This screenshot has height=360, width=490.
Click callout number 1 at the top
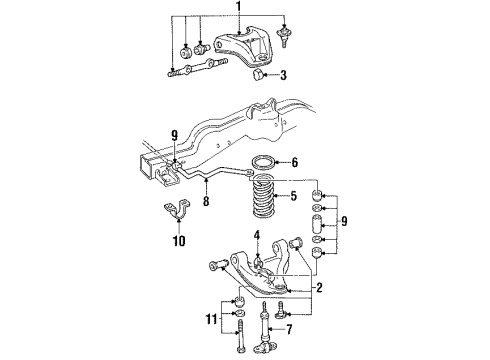238,7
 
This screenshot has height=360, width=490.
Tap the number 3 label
283,75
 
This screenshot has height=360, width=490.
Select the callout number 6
294,163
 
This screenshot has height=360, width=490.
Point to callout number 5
293,196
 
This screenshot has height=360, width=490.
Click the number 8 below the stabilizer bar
206,201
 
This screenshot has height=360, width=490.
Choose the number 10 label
179,241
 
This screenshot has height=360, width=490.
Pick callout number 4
256,236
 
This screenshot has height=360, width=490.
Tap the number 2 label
319,287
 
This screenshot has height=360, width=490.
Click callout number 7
289,330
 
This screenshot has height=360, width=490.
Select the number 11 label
212,319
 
